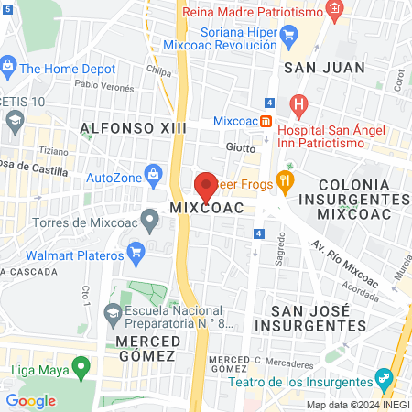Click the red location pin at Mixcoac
click(206, 186)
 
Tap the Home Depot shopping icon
click(8, 66)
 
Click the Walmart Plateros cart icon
click(136, 250)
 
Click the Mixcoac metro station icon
click(266, 121)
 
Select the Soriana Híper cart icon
click(291, 38)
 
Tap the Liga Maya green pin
click(82, 369)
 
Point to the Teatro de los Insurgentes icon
click(384, 379)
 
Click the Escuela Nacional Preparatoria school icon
click(113, 314)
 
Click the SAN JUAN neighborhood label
click(323, 67)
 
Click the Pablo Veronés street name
click(103, 84)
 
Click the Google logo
click(30, 400)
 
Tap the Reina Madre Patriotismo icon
click(335, 12)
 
